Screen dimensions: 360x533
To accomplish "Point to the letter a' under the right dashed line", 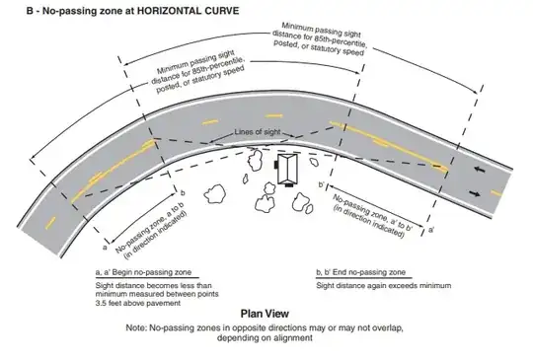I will click(432, 227).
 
